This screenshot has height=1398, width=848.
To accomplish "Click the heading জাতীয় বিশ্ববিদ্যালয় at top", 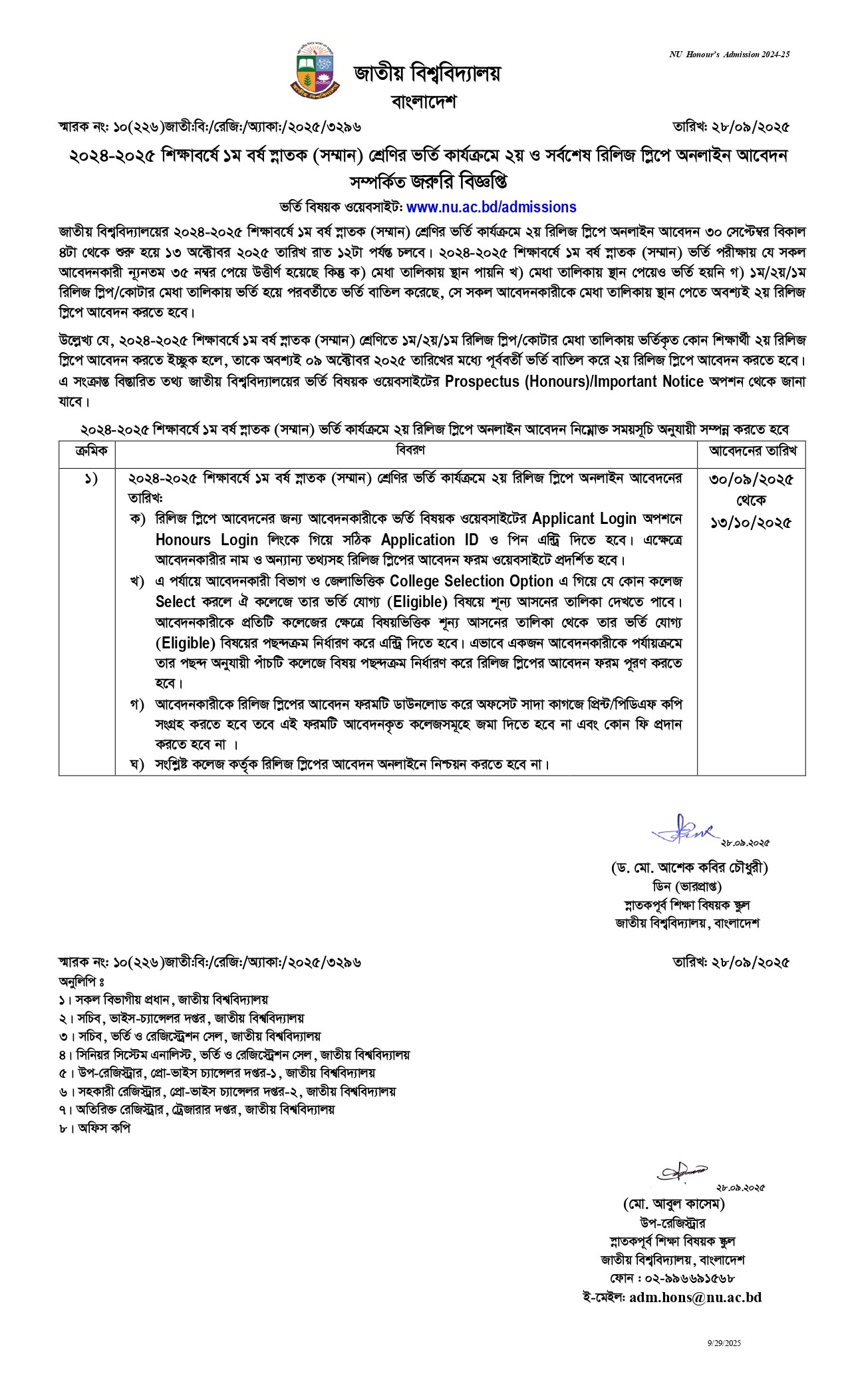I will [x=426, y=73].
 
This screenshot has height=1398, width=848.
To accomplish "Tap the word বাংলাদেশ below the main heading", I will [x=424, y=102].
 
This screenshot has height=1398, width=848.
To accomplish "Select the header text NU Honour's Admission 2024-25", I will [x=729, y=55].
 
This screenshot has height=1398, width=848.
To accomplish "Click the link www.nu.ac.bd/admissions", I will [x=491, y=207].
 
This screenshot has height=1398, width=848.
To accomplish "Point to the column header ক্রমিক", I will [x=87, y=451].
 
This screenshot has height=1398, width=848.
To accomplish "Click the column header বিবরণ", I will [x=410, y=450].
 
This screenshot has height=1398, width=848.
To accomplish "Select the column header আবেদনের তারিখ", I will [x=752, y=451].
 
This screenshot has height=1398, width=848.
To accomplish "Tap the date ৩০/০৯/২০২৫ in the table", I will [x=752, y=479].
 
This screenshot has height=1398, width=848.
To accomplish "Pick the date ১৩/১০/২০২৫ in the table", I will [x=752, y=522].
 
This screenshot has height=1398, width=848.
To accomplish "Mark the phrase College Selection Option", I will [x=472, y=581].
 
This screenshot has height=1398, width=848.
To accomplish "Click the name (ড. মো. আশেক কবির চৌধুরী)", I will [x=689, y=867].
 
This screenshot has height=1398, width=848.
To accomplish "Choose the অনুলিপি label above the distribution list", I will [x=81, y=981].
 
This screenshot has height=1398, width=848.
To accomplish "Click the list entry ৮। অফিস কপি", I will [x=94, y=1128].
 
